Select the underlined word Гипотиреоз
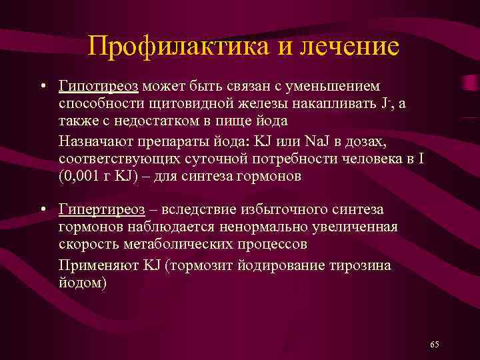point(98,87)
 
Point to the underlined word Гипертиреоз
point(101,209)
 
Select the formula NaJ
point(317,141)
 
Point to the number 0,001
point(82,176)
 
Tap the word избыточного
point(283,209)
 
